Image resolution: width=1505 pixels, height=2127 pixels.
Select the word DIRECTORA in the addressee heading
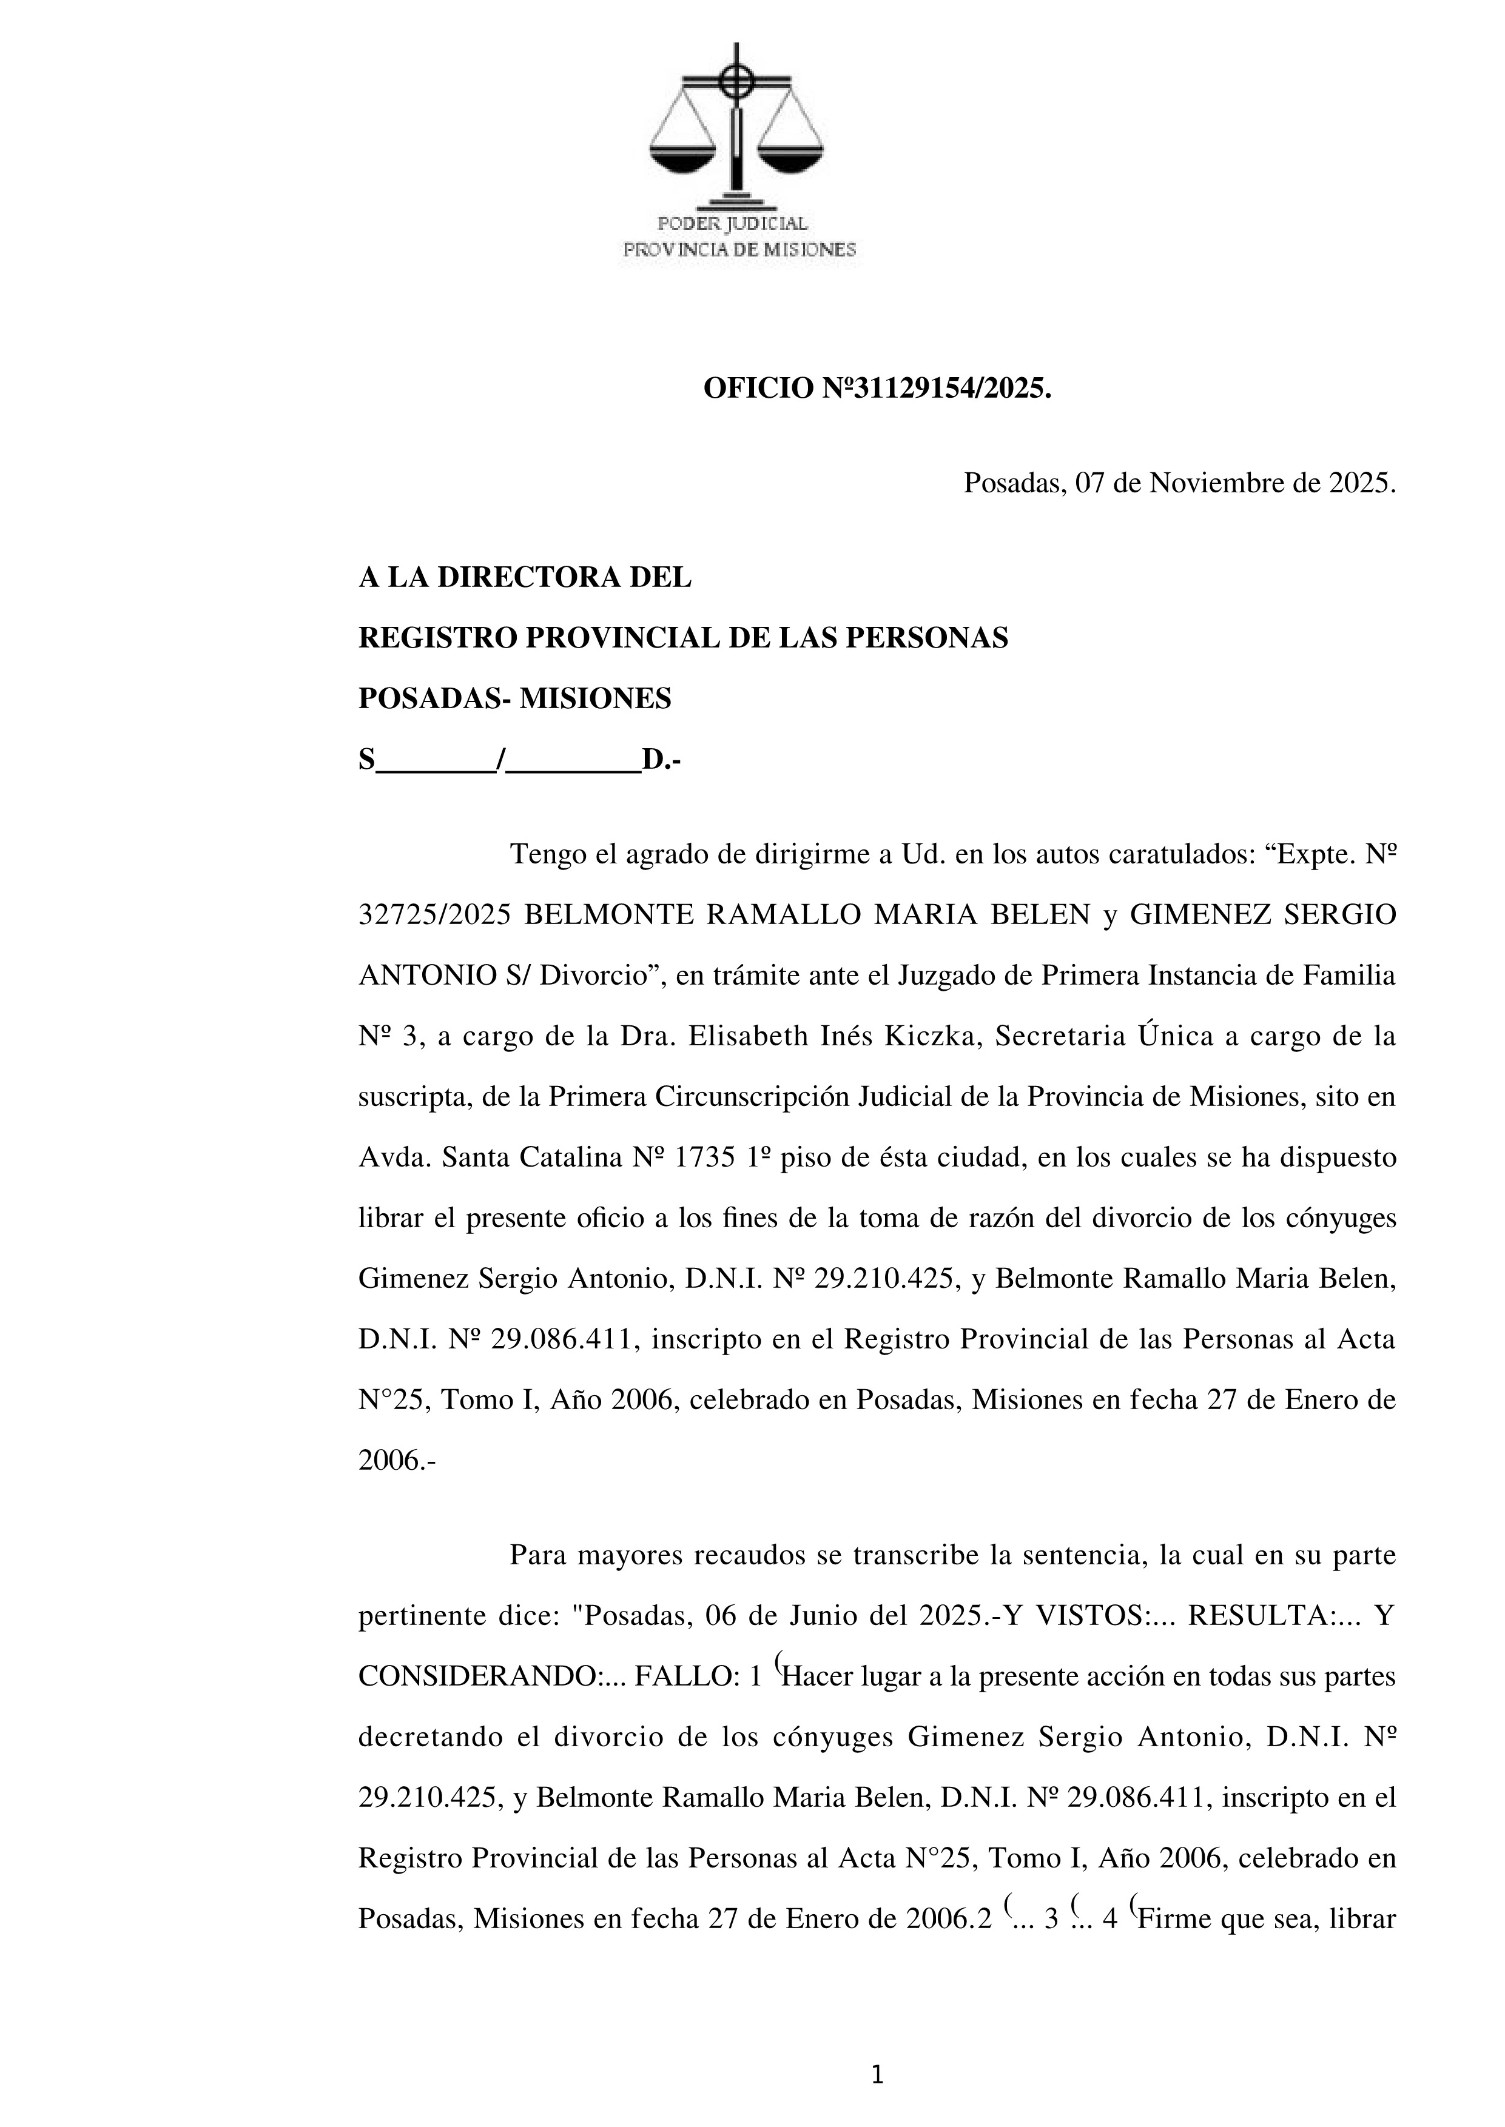tap(532, 578)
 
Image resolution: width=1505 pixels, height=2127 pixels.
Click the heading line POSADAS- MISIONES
tap(514, 698)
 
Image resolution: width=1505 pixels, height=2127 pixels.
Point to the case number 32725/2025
tap(434, 916)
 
